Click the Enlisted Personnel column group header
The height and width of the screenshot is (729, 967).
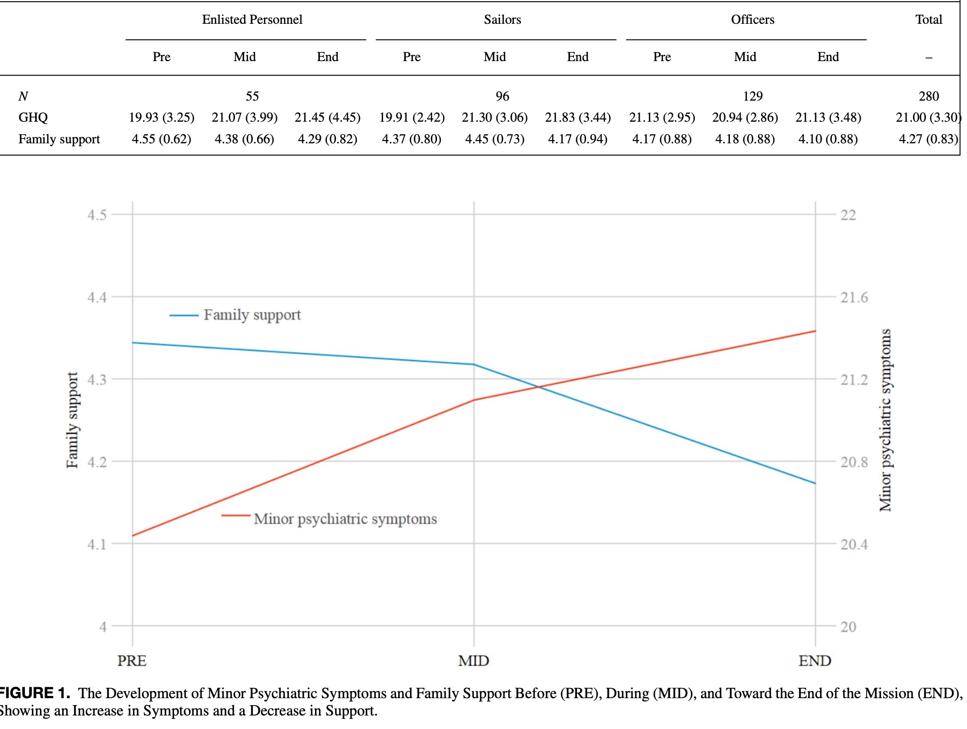pos(252,19)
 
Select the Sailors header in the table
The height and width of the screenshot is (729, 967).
pos(502,19)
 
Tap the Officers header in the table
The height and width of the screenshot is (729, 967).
pos(753,19)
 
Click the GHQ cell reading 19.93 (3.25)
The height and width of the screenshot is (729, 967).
pos(162,117)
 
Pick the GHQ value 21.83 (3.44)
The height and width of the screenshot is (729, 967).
pos(577,117)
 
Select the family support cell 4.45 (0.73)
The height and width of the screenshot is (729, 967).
pos(495,139)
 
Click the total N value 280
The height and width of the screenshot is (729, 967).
pos(929,96)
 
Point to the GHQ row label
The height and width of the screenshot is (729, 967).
pos(33,117)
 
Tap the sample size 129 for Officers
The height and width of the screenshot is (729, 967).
pos(753,96)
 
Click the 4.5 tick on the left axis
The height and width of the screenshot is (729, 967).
pos(97,215)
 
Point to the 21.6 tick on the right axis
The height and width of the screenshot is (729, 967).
pos(854,297)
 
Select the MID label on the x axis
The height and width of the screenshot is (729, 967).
pos(474,660)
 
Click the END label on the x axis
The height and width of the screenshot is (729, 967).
pos(815,660)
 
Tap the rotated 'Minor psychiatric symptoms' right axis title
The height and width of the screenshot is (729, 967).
pos(885,420)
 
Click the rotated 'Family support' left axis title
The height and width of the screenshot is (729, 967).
pos(72,420)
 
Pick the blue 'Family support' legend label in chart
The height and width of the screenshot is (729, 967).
pos(252,315)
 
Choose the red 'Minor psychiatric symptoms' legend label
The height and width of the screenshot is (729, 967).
pos(345,519)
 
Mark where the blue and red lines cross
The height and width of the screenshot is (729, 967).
pos(538,387)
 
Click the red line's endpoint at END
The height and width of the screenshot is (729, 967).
pos(815,331)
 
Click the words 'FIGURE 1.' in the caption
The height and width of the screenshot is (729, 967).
pos(35,693)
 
